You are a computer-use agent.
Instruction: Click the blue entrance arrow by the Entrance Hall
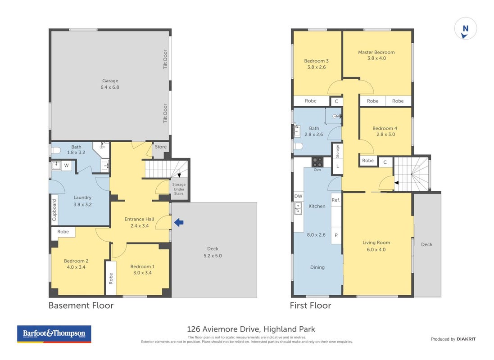[x=179, y=223]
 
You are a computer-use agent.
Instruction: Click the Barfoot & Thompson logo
[x=54, y=334]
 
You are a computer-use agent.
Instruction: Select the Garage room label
[x=110, y=81]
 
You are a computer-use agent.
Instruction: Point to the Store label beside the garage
[x=161, y=147]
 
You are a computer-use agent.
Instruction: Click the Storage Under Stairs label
[x=179, y=189]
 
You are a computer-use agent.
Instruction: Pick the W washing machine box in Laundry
[x=66, y=165]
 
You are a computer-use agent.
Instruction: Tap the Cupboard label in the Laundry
[x=54, y=210]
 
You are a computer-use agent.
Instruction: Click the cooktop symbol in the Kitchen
[x=317, y=162]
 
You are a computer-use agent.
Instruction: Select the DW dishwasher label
[x=298, y=196]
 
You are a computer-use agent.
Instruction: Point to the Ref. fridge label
[x=336, y=200]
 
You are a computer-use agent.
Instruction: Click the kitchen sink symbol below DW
[x=298, y=208]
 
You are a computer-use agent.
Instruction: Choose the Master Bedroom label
[x=376, y=52]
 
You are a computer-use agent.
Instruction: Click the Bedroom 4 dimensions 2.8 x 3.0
[x=385, y=135]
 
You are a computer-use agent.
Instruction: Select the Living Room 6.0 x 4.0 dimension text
[x=376, y=249]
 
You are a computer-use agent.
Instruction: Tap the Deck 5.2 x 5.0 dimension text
[x=213, y=256]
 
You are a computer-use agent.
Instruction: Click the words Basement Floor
[x=81, y=306]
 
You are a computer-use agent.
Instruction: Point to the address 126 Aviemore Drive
[x=223, y=329]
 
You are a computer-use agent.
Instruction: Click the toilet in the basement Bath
[x=56, y=151]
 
